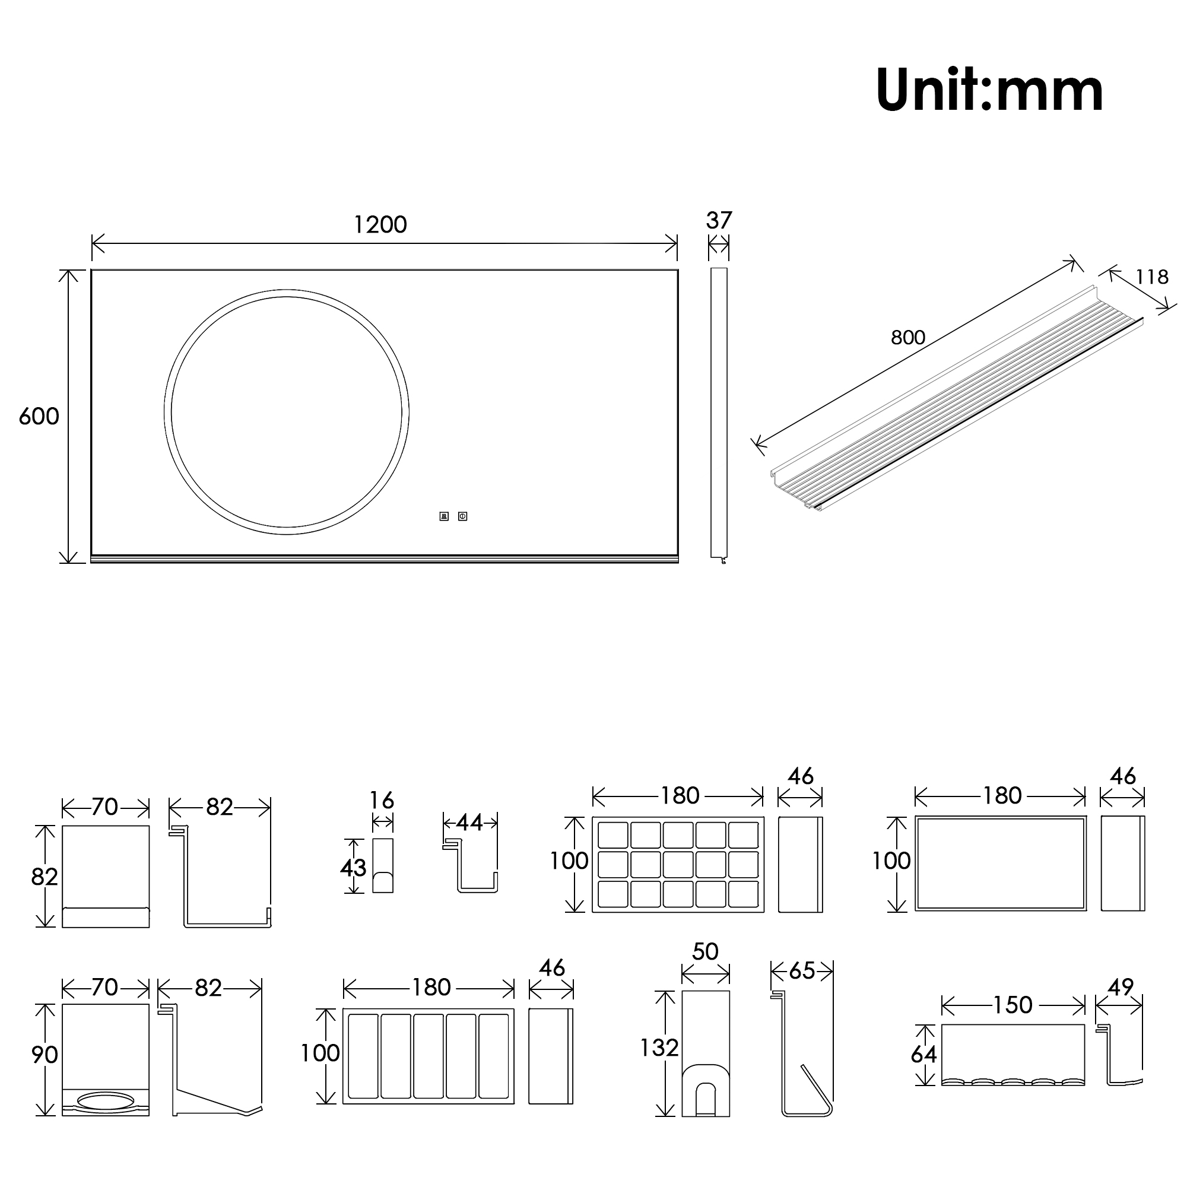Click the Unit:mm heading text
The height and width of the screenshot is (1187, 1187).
pos(990,90)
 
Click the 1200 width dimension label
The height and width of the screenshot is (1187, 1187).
pos(380,225)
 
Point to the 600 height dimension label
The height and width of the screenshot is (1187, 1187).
pos(39,417)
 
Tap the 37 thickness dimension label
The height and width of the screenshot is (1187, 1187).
pos(719,220)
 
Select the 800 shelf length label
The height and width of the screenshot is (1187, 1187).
pos(907,337)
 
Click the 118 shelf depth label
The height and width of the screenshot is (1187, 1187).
pos(1151,277)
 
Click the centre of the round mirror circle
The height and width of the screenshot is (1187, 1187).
pos(286,412)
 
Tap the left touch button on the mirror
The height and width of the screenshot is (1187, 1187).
pos(443,516)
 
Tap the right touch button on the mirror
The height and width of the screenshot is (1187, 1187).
pos(463,516)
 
